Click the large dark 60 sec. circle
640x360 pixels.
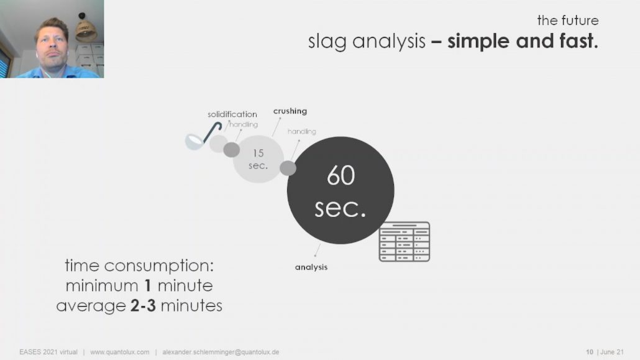[341, 190]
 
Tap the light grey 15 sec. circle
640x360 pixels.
[258, 159]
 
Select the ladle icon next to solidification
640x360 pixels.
[203, 136]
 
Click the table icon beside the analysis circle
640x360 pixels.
[405, 241]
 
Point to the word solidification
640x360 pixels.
[232, 114]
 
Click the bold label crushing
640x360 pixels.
[290, 111]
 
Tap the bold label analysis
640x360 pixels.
[311, 267]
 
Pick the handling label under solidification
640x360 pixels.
[244, 124]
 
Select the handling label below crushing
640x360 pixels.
[302, 131]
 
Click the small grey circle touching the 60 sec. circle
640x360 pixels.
[288, 168]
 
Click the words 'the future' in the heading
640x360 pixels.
[568, 21]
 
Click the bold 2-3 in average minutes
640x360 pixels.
[144, 306]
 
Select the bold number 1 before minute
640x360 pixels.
[148, 285]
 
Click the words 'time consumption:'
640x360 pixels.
[139, 266]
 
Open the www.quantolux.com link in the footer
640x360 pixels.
[119, 352]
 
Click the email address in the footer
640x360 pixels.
[221, 352]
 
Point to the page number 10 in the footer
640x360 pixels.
[590, 352]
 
